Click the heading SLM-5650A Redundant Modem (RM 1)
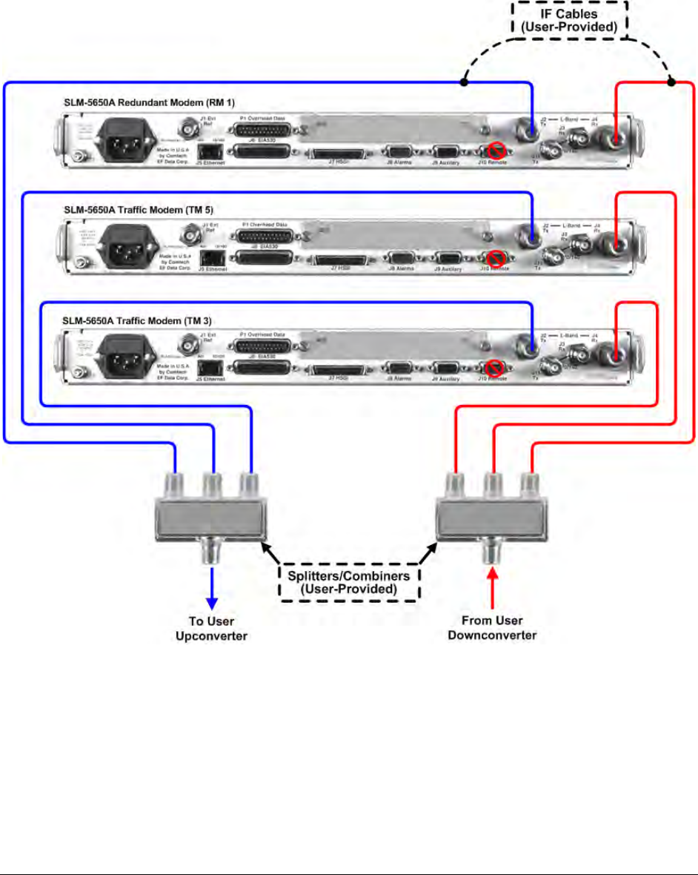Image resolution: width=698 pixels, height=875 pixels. coord(159,102)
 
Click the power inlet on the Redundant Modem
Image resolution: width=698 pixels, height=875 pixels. coord(123,139)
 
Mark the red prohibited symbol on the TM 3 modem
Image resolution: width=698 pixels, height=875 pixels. coord(497,368)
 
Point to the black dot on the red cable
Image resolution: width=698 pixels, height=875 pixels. coord(671,81)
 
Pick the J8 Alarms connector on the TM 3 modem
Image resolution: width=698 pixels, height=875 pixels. coord(399,369)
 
